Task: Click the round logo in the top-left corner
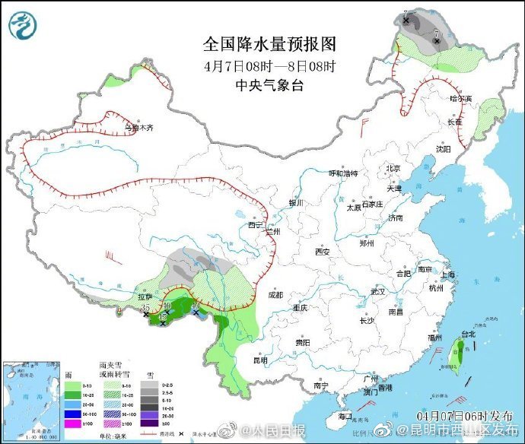click(x=23, y=25)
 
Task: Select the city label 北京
click(x=393, y=169)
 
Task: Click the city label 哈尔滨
click(x=460, y=99)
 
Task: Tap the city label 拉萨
click(x=146, y=297)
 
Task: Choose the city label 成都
click(x=274, y=294)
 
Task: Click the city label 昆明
click(x=261, y=360)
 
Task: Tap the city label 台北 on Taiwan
click(x=468, y=334)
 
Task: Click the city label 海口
click(x=344, y=415)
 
